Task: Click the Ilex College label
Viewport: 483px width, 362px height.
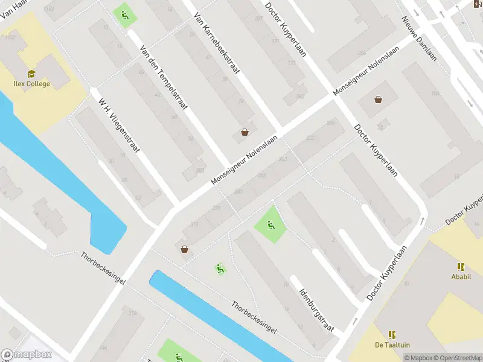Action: pos(32,84)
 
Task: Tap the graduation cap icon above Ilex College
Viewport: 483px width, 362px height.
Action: pos(31,73)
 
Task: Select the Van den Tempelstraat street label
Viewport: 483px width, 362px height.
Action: pos(164,78)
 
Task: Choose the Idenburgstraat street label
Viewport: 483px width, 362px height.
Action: pos(317,305)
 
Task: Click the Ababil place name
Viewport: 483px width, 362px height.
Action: pos(461,278)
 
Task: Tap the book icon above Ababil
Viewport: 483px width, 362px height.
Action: pos(461,267)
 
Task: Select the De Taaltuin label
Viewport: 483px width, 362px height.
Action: pos(392,345)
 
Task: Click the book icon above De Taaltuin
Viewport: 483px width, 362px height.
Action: pos(392,334)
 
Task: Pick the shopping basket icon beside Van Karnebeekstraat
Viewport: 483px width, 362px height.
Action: pos(245,132)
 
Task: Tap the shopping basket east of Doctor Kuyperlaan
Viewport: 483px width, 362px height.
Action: pos(378,100)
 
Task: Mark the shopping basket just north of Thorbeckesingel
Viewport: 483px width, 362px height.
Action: pos(184,249)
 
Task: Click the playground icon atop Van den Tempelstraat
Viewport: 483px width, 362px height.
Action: pos(124,14)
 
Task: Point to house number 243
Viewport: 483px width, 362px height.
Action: pos(283,159)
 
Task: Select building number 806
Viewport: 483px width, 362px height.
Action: pos(200,171)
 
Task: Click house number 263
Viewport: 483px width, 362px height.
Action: pos(261,176)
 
